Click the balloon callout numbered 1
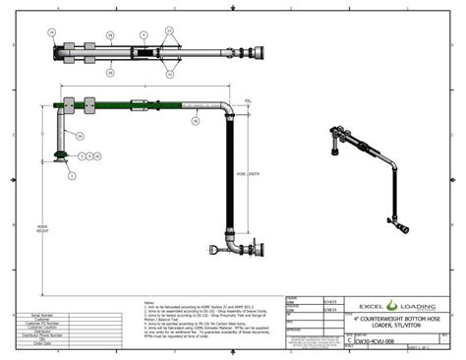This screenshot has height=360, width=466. point(72,177)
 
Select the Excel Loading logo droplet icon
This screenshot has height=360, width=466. point(391,305)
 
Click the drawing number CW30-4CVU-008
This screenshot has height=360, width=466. point(379,335)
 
